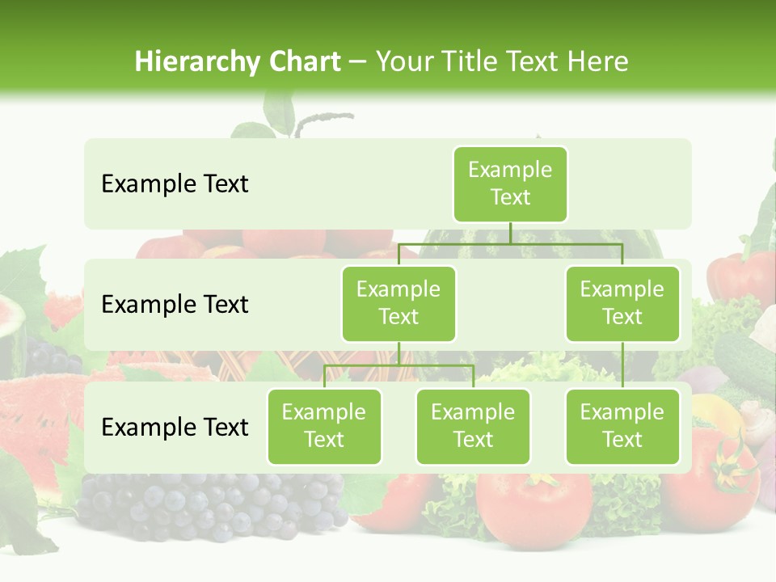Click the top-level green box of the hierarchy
coord(510,183)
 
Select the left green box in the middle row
coord(399,303)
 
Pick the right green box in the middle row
coord(622,303)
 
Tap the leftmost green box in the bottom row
coord(324,426)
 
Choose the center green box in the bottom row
coord(473,426)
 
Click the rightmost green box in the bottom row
coord(622,426)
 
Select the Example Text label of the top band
coord(175,184)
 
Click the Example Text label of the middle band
coord(175,305)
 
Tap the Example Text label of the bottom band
coord(175,427)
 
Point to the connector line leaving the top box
coord(510,233)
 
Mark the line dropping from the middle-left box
coord(399,354)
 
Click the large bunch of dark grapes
coord(210,505)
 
